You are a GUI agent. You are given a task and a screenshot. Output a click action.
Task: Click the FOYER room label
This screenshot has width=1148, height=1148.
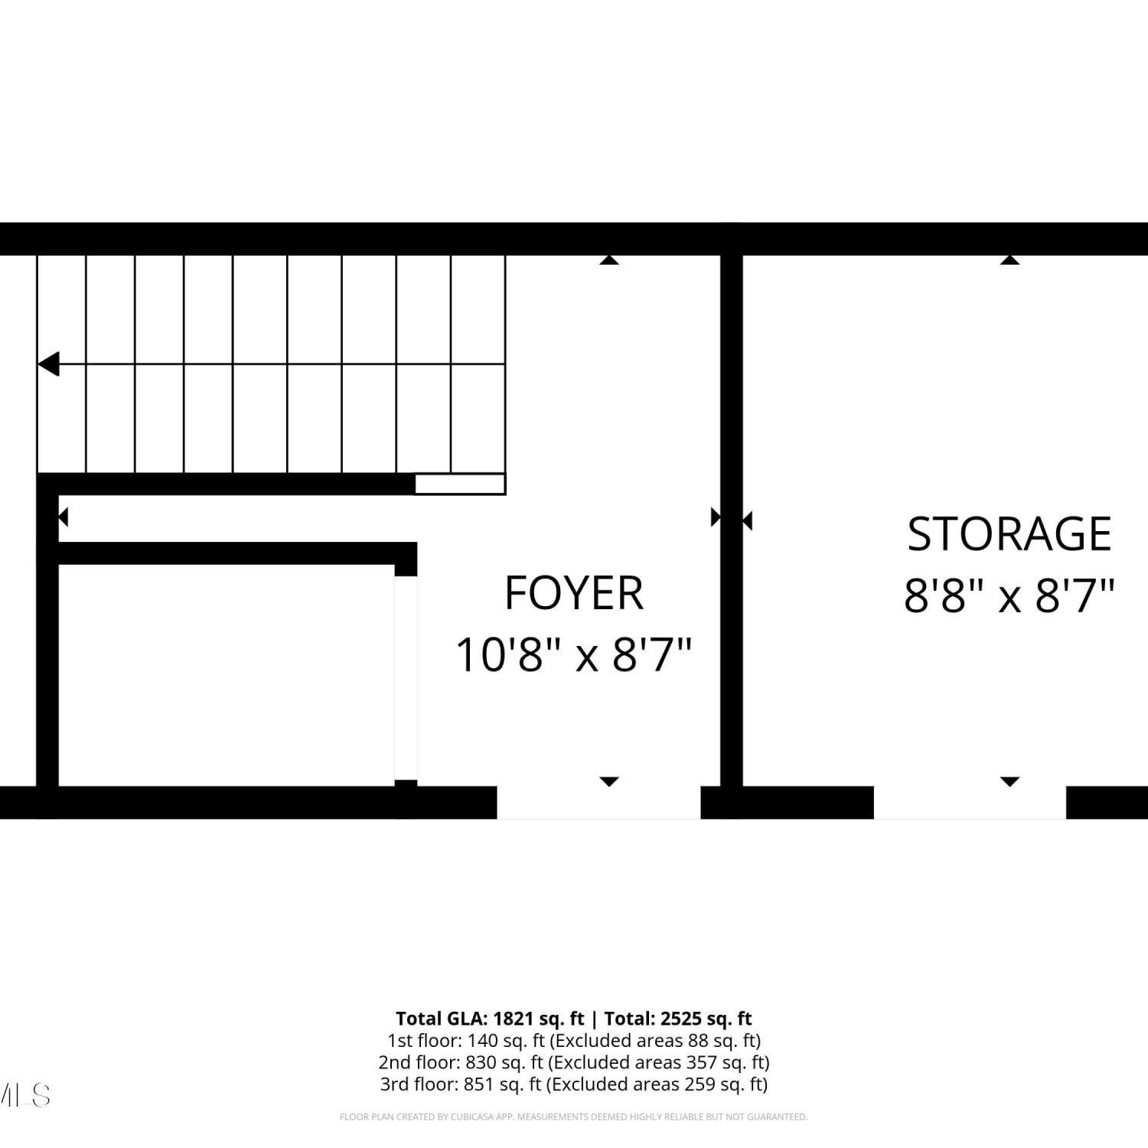pyautogui.click(x=574, y=592)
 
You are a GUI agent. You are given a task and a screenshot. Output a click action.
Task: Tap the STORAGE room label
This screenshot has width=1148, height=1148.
pyautogui.click(x=1009, y=534)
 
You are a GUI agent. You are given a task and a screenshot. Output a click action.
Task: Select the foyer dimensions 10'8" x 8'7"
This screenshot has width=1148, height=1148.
pyautogui.click(x=574, y=655)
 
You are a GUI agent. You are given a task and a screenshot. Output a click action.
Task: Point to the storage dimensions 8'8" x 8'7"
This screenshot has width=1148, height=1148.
pyautogui.click(x=1009, y=595)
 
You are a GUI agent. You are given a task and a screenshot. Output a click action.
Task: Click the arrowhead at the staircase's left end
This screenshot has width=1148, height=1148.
pyautogui.click(x=48, y=364)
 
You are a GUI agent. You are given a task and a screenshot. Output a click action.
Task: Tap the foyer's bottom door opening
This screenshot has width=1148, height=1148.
pyautogui.click(x=598, y=803)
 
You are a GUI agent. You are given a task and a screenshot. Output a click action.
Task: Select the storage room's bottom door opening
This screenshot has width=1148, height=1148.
pyautogui.click(x=970, y=803)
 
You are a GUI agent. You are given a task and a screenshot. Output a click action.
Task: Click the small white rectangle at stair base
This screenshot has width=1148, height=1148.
pyautogui.click(x=460, y=484)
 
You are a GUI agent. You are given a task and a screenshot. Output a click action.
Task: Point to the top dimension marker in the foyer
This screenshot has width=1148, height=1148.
pyautogui.click(x=609, y=260)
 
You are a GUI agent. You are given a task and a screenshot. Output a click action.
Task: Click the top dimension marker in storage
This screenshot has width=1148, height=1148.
pyautogui.click(x=1010, y=260)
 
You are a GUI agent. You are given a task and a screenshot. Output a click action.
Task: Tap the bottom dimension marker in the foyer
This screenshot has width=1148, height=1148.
pyautogui.click(x=609, y=781)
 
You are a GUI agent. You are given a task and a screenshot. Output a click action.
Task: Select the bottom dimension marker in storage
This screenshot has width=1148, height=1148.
pyautogui.click(x=1010, y=781)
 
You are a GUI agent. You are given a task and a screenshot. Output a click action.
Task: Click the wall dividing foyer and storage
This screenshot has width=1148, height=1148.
pyautogui.click(x=732, y=520)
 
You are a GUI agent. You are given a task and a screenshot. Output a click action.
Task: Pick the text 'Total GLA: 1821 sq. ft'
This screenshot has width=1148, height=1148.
pyautogui.click(x=490, y=1019)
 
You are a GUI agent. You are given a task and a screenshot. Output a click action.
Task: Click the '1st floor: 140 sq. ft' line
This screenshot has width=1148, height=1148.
pyautogui.click(x=466, y=1041)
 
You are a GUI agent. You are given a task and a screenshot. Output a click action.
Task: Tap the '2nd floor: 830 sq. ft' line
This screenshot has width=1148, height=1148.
pyautogui.click(x=461, y=1062)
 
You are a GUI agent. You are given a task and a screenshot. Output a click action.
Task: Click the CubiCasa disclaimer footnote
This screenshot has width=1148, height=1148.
pyautogui.click(x=574, y=1117)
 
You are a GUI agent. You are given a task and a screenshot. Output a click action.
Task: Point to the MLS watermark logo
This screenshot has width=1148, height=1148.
pyautogui.click(x=24, y=1095)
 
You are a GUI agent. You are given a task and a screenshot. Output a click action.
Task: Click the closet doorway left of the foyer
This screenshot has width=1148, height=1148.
pyautogui.click(x=406, y=678)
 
